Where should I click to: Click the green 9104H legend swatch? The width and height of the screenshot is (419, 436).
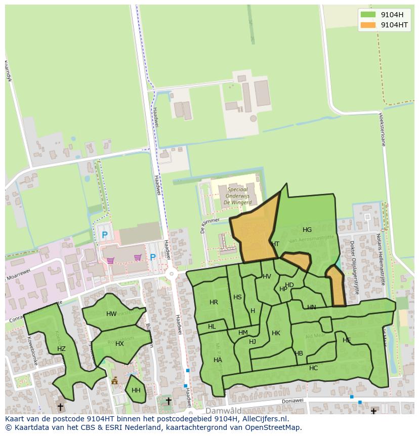[x=368, y=15]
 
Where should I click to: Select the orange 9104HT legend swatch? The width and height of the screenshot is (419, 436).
[x=368, y=25]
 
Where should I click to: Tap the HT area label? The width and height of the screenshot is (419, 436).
[x=275, y=244]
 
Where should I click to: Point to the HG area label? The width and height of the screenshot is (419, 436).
[x=307, y=230]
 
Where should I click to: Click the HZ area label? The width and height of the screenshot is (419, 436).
[x=61, y=349]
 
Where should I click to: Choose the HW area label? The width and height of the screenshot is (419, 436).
[x=111, y=314]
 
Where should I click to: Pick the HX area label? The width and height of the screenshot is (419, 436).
[x=119, y=344]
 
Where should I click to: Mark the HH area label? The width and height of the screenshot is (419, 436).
[x=136, y=390]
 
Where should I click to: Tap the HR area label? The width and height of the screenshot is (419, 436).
[x=214, y=302]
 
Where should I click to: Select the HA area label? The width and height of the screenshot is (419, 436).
[x=218, y=360]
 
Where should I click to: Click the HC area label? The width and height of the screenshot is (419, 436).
[x=313, y=368]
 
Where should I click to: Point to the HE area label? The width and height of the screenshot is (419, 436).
[x=347, y=340]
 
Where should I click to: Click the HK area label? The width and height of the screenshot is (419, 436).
[x=276, y=333]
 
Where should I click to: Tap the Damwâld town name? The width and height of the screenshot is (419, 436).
[x=223, y=411]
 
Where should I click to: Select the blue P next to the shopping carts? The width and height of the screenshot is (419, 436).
[x=153, y=257]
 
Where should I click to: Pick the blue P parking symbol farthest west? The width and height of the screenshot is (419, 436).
[x=105, y=235]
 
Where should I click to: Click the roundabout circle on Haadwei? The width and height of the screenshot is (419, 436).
[x=172, y=274]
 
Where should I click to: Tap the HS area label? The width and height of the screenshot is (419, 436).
[x=237, y=297]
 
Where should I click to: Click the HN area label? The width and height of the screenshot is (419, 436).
[x=311, y=307]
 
